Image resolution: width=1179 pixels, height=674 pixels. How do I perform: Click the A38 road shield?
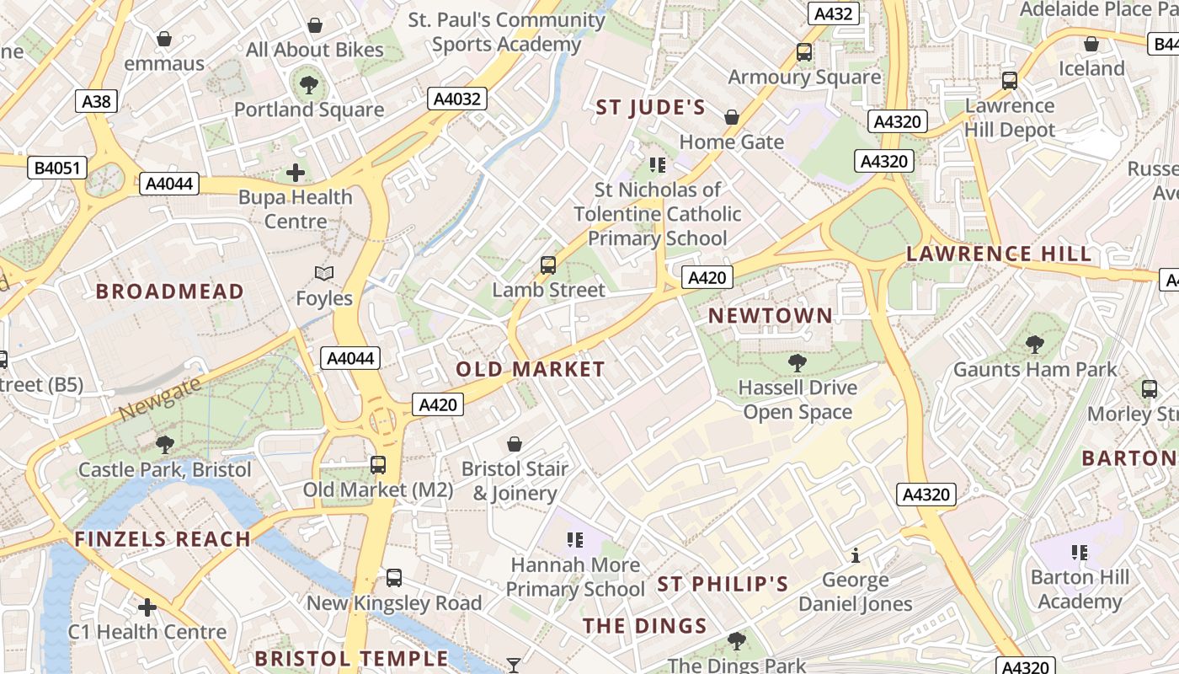coord(96,102)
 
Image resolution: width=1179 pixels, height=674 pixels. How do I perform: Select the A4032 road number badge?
coord(456,99)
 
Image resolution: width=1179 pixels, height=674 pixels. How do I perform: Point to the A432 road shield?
coord(834,13)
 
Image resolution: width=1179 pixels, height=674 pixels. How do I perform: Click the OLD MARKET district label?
coord(530,369)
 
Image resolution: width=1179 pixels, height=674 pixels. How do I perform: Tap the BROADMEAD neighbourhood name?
coord(169,292)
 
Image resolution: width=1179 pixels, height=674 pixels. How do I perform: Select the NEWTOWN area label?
coord(770,316)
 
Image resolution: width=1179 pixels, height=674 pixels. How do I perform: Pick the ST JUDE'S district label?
coord(650,107)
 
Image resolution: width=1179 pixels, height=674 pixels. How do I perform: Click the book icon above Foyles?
coord(324,273)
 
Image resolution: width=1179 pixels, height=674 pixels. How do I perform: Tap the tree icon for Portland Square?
coord(309,83)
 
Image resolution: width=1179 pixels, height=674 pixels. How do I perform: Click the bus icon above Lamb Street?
coord(548,265)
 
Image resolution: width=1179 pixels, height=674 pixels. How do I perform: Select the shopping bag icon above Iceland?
coord(1091,43)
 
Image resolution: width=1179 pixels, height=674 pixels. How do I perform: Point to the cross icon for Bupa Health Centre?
coord(296,173)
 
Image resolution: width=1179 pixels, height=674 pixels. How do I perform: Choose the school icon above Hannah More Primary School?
coord(575,539)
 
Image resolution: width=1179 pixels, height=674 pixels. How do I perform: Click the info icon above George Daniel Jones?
coord(856,555)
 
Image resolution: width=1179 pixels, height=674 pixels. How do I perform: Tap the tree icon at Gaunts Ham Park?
coord(1034,344)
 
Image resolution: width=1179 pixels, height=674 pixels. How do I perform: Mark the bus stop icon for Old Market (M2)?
coord(378,464)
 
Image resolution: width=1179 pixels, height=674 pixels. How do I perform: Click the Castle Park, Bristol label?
coord(165,469)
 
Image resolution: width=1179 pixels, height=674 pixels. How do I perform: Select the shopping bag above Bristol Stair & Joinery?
coord(515,443)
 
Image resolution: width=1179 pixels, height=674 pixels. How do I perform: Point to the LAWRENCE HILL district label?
coord(999,254)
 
